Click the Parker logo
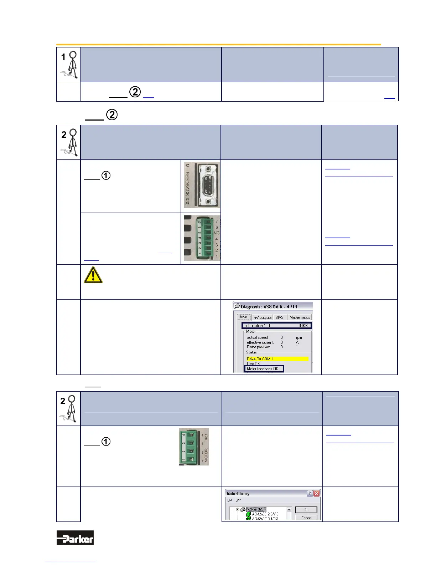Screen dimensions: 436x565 [x=75, y=538]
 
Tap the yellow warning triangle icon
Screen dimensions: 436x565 [x=93, y=275]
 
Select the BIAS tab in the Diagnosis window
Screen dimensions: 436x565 [x=279, y=317]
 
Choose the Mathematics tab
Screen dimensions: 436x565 [x=300, y=317]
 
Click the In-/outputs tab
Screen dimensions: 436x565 [x=262, y=317]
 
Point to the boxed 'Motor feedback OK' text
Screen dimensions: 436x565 [x=264, y=369]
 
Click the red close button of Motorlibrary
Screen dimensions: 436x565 [x=316, y=493]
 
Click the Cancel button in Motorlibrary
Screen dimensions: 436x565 [x=306, y=518]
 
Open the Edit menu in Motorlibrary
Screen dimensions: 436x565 [x=238, y=500]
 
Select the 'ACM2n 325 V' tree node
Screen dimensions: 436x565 [x=256, y=509]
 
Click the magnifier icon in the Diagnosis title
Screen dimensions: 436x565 [x=237, y=306]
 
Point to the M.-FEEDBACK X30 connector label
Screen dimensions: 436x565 [x=187, y=185]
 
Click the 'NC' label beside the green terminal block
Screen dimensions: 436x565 [x=216, y=233]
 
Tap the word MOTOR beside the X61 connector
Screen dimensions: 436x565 [x=206, y=455]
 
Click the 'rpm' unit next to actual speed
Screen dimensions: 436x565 [x=299, y=337]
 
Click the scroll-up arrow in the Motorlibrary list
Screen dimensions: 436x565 [x=289, y=510]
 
